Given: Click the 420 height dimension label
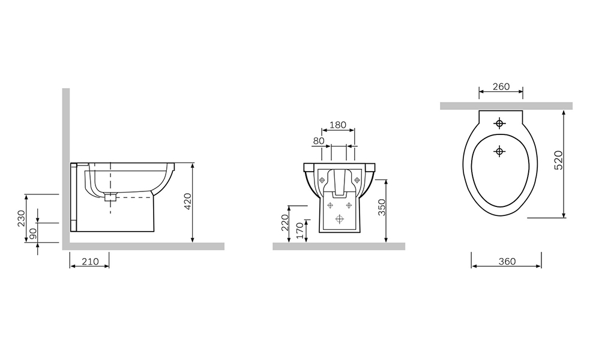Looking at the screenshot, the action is tap(188, 200).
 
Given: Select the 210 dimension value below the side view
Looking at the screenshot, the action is tap(91, 262).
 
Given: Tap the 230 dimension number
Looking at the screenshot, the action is tap(21, 218).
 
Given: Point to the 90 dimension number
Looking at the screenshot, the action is tap(33, 233).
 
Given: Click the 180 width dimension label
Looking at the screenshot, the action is tap(338, 125).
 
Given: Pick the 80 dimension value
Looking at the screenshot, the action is tap(319, 141).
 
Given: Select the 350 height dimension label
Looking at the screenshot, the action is tap(382, 208).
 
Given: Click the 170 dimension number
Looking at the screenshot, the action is tap(300, 230).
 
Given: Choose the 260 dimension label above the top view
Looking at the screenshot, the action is tap(501, 86).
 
